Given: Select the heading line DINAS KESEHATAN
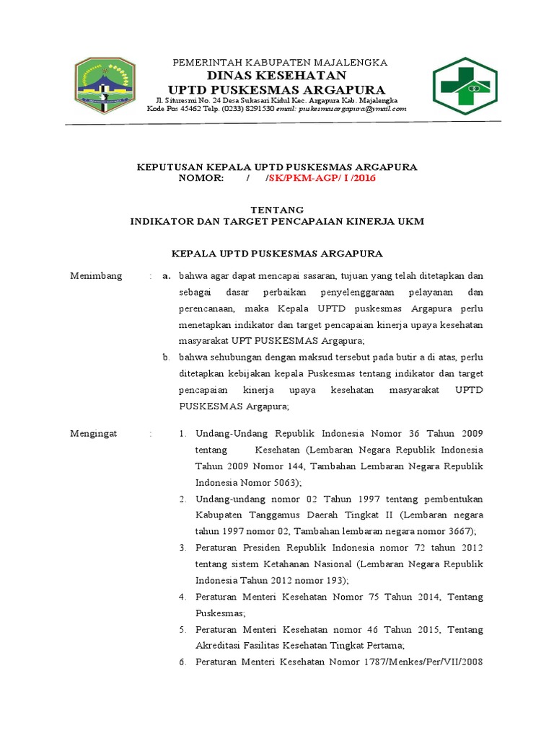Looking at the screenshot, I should pyautogui.click(x=277, y=76).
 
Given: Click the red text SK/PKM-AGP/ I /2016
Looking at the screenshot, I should pyautogui.click(x=320, y=178).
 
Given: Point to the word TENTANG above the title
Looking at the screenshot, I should pyautogui.click(x=277, y=210).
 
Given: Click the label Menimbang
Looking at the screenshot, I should pyautogui.click(x=96, y=276).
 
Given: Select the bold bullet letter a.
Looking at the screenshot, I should pyautogui.click(x=166, y=276).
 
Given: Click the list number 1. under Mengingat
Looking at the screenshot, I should pyautogui.click(x=183, y=434).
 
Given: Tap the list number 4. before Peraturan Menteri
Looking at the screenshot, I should pyautogui.click(x=183, y=597).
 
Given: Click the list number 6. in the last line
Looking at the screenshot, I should pyautogui.click(x=183, y=662).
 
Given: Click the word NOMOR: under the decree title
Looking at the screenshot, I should pyautogui.click(x=201, y=178).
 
